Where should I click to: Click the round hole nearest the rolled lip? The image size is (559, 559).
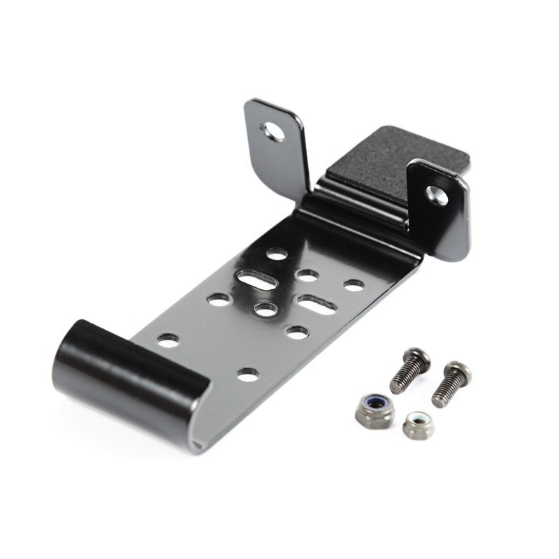click(167, 340)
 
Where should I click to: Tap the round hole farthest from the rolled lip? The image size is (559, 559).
click(277, 255)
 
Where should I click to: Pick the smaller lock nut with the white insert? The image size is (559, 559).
click(416, 426)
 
